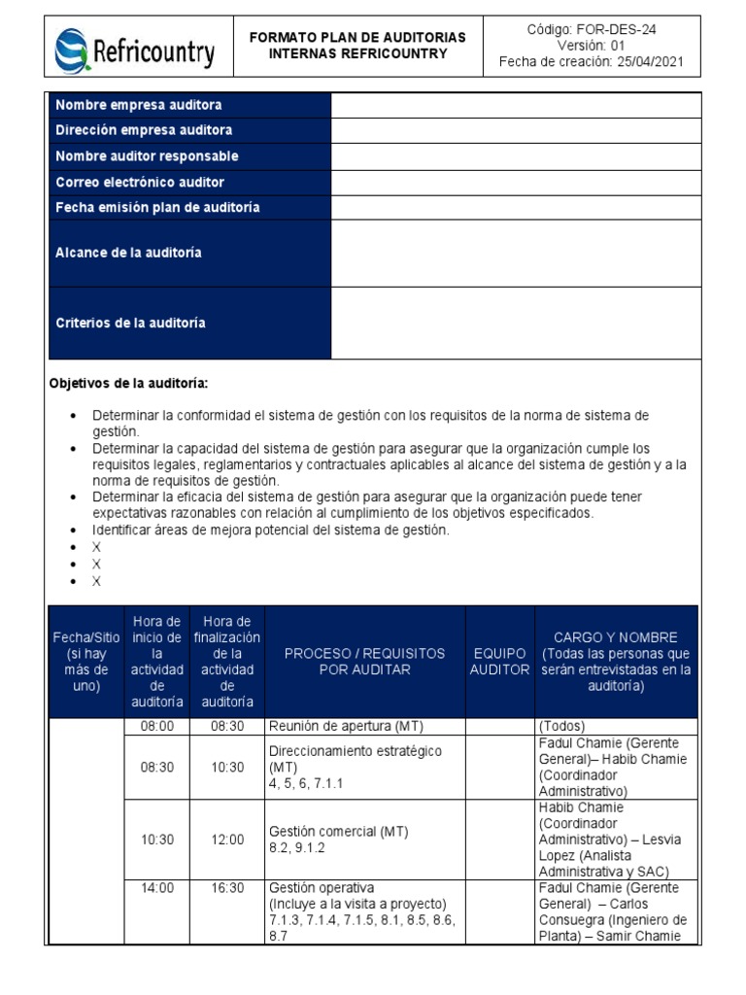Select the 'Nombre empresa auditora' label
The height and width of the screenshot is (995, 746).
[139, 105]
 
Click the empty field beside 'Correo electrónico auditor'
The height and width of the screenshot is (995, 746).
[516, 182]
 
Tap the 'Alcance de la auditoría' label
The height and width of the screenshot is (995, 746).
[129, 253]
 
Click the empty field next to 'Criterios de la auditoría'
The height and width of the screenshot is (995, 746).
[516, 323]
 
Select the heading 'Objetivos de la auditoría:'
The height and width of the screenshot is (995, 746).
[129, 384]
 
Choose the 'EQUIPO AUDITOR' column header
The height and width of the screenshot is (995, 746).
[500, 662]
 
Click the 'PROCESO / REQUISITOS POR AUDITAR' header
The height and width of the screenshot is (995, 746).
[364, 662]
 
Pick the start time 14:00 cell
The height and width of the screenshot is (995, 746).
[157, 887]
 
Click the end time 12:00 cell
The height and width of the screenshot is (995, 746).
[229, 840]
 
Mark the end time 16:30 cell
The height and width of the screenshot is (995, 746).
[229, 887]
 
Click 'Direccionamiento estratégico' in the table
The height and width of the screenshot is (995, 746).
[355, 751]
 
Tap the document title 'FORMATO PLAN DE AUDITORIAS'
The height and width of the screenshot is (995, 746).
[357, 37]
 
